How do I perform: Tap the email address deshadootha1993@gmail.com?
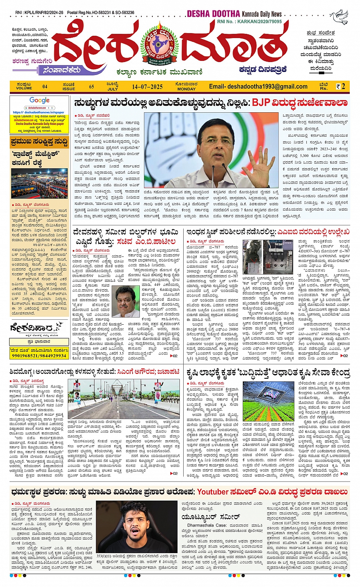tap(258, 86)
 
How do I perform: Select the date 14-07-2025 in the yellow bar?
tap(147, 87)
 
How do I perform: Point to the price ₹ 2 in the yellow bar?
tap(341, 86)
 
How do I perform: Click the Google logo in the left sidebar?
tap(40, 100)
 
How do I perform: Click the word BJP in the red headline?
tap(261, 103)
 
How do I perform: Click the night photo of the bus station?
tap(39, 183)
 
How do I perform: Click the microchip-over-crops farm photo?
tap(268, 401)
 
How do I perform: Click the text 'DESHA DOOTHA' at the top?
tap(213, 14)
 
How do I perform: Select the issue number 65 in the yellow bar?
tap(92, 86)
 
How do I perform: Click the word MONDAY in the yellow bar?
tap(186, 89)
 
